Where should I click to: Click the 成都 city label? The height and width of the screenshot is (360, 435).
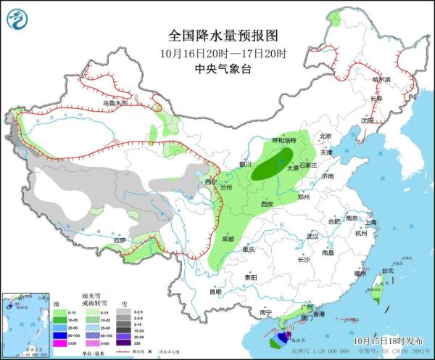point(228,238)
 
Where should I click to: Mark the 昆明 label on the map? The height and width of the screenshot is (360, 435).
point(215,292)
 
